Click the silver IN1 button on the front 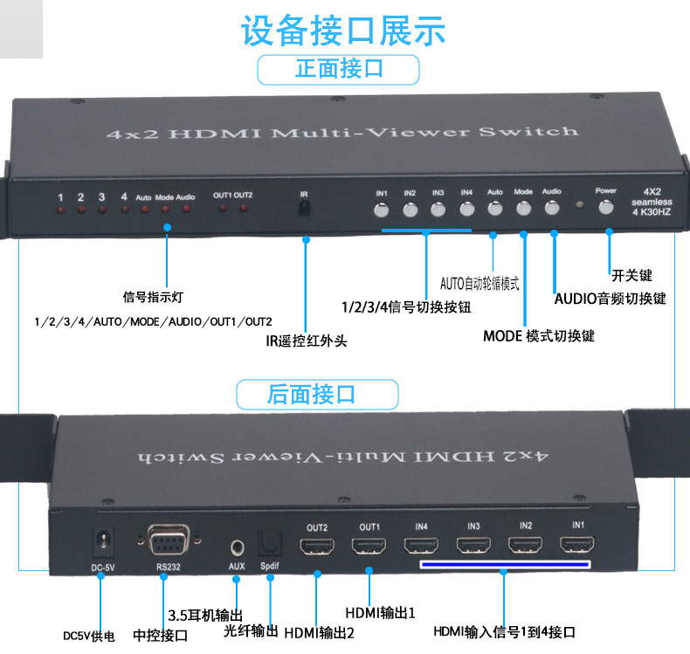pos(382,210)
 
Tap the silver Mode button pos(523,209)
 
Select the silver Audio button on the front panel pos(552,208)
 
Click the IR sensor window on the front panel pos(304,208)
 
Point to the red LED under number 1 pos(61,210)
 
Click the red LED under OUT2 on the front pos(244,208)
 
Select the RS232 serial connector pos(169,540)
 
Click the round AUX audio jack pos(238,548)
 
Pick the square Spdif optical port pos(270,544)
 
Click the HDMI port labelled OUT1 pos(369,546)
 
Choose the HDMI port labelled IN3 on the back pos(473,545)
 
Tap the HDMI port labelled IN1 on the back pos(577,544)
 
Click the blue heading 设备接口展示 pos(343,30)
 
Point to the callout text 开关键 pos(631,276)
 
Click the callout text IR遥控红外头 pos(307,341)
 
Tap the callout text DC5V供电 pos(89,637)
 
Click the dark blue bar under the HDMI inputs pos(505,565)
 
